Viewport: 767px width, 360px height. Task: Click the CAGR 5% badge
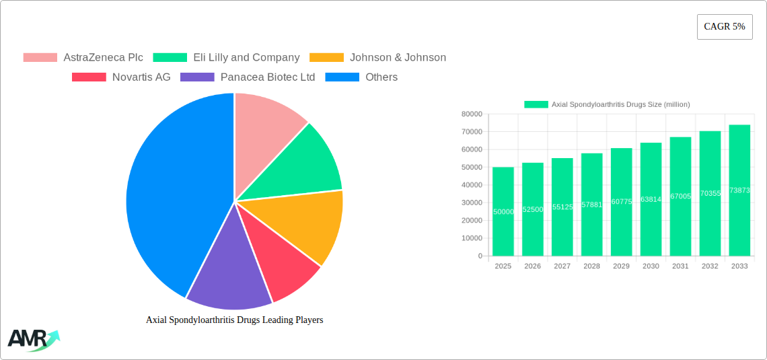(x=724, y=27)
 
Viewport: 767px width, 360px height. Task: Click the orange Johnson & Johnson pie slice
(x=309, y=222)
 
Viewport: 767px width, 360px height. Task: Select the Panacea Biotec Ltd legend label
(x=268, y=77)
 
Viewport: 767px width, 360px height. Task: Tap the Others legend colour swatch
(x=342, y=77)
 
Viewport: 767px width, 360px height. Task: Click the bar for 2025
(x=503, y=211)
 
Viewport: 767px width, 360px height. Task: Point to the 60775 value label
(x=621, y=202)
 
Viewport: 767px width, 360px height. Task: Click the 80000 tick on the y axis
(x=472, y=114)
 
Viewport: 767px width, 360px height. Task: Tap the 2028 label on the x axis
(x=591, y=266)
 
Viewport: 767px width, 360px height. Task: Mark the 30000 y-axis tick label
(x=472, y=203)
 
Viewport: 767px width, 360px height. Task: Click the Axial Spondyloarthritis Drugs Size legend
(x=607, y=104)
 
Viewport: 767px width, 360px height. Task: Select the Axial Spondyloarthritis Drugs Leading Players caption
(x=234, y=320)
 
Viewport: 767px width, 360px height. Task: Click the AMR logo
(x=33, y=339)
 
